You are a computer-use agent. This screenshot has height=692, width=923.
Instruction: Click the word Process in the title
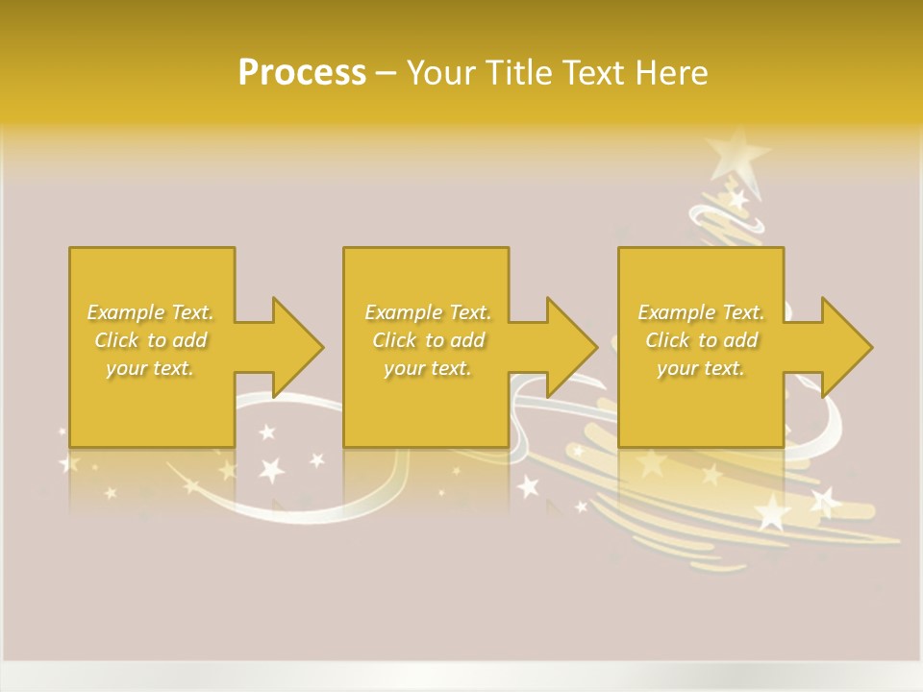click(x=302, y=73)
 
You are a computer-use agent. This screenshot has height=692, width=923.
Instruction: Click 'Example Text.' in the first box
click(x=151, y=312)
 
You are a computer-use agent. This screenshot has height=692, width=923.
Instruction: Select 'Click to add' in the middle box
click(x=428, y=340)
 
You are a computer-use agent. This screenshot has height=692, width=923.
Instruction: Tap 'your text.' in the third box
click(x=701, y=368)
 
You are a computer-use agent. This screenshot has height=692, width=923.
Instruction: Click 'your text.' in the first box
click(x=151, y=368)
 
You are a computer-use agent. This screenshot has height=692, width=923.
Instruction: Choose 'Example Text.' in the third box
click(x=701, y=312)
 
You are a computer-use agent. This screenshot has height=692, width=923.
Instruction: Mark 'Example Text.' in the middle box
click(x=428, y=312)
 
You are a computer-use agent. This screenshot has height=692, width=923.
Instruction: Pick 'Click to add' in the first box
click(x=151, y=340)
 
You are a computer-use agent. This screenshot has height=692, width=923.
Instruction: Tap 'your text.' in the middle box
click(x=428, y=368)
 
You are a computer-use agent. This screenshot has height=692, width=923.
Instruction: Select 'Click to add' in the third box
click(x=701, y=340)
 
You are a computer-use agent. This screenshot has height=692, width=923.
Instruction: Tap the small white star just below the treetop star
click(x=738, y=199)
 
